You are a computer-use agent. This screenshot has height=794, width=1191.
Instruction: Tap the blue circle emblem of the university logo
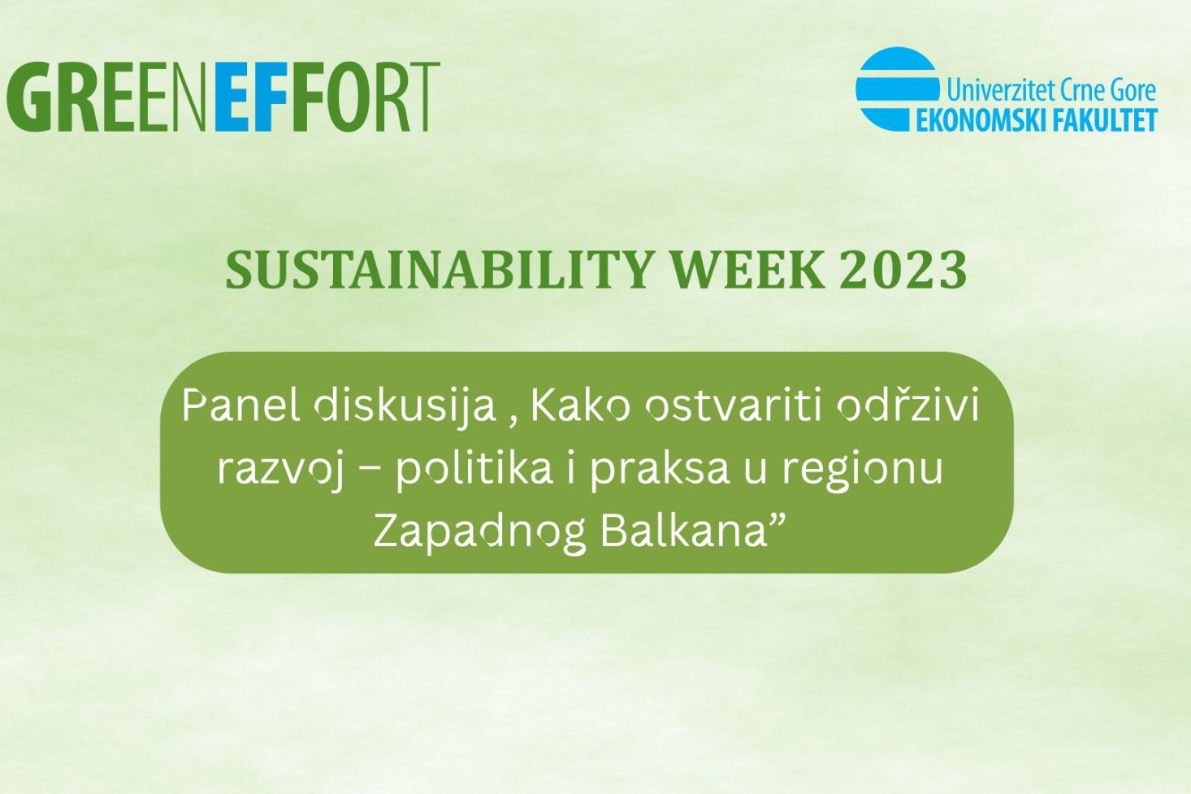[x=898, y=89]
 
